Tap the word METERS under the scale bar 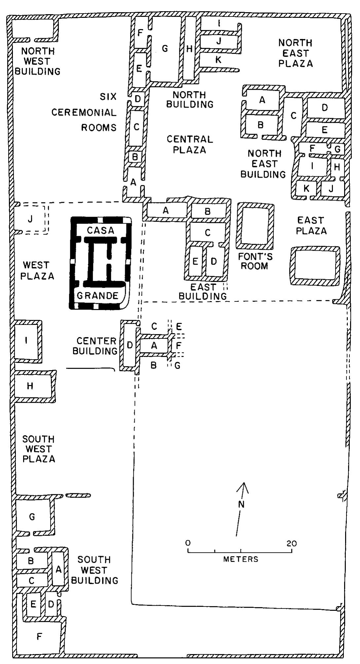click(x=241, y=559)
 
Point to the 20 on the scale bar click(x=292, y=543)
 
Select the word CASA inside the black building click(x=100, y=230)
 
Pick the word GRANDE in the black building click(x=97, y=296)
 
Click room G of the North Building click(x=165, y=49)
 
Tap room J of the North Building click(x=219, y=41)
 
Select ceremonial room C click(x=136, y=127)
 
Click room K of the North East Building click(x=306, y=189)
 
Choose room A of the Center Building click(x=154, y=345)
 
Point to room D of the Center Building click(x=129, y=345)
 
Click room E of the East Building click(x=195, y=262)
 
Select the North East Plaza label click(x=295, y=53)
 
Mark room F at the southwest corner click(x=39, y=636)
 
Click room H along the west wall click(x=30, y=386)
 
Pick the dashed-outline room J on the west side click(x=30, y=219)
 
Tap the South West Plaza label click(x=38, y=449)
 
